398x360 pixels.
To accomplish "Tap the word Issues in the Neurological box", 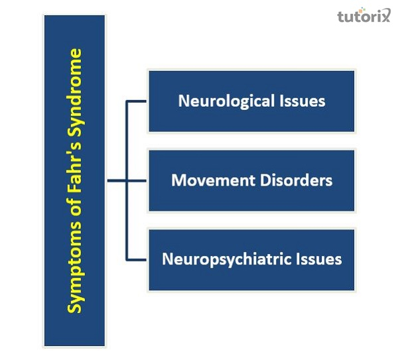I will pos(301,101).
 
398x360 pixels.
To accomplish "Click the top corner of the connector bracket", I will pos(126,101).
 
